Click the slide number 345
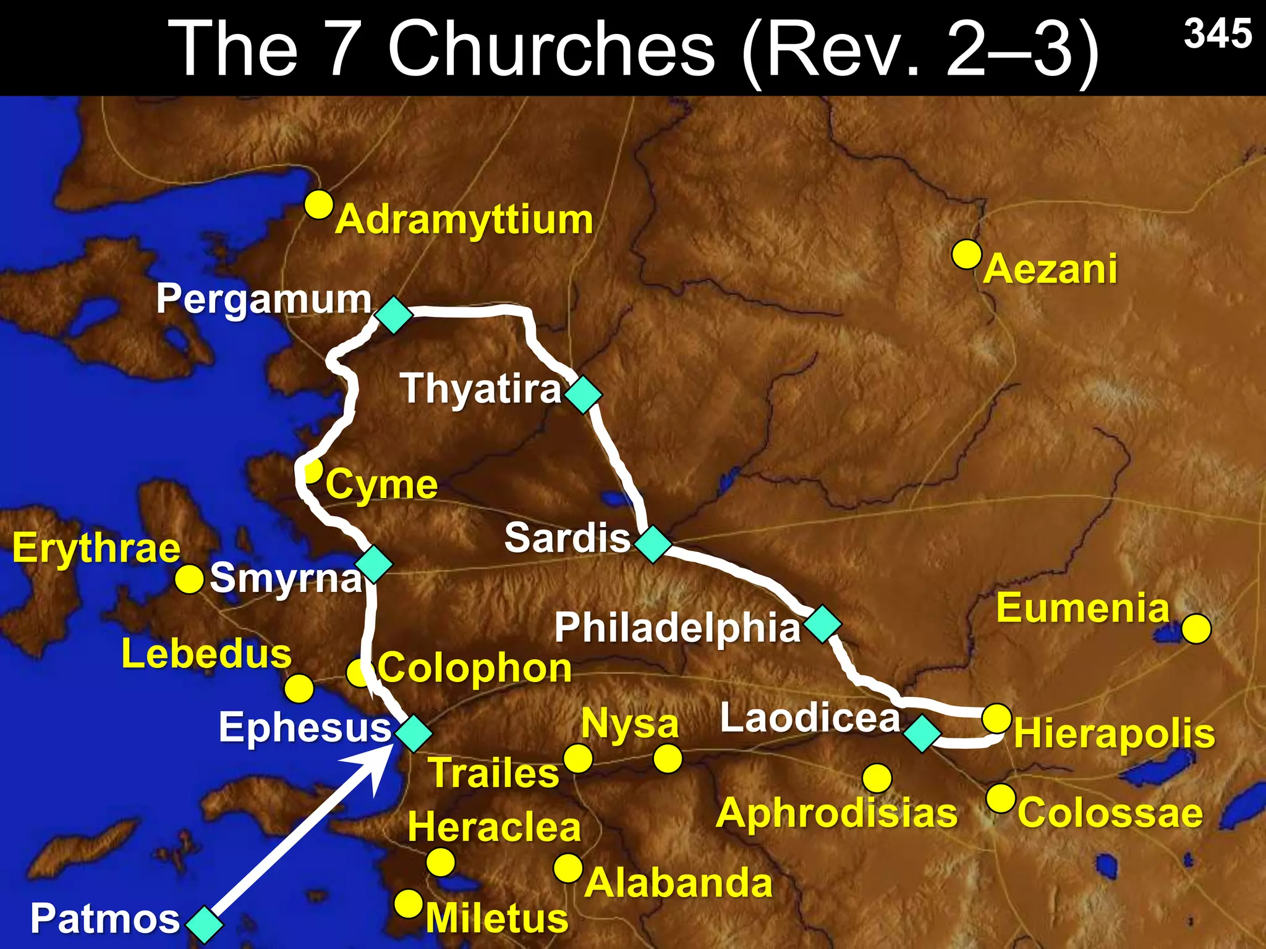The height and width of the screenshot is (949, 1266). [1217, 33]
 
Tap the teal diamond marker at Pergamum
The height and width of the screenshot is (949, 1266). [394, 315]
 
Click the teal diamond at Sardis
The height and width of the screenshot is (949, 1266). [653, 544]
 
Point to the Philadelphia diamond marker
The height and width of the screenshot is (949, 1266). [823, 623]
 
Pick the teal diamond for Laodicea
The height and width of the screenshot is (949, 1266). [922, 733]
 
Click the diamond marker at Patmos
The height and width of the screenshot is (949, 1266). [204, 925]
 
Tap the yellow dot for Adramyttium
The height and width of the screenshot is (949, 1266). [319, 205]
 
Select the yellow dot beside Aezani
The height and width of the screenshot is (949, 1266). [966, 255]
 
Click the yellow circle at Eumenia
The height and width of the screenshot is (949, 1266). [1196, 629]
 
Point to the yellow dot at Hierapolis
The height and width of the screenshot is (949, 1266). [996, 718]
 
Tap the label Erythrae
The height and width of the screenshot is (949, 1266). [96, 548]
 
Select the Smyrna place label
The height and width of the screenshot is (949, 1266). [286, 578]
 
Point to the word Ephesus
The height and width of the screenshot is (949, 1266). [305, 727]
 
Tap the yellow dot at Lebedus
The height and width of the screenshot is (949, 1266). [299, 688]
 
